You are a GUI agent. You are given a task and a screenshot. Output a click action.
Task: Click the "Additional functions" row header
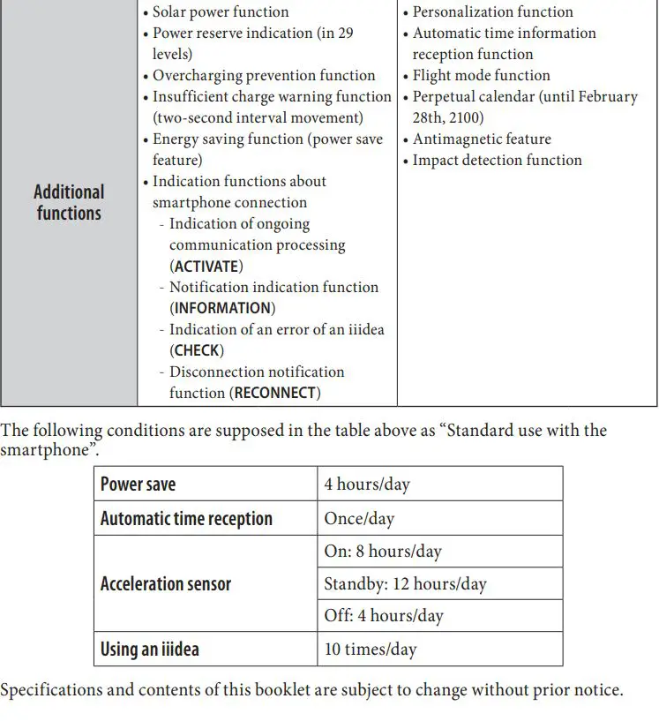69,202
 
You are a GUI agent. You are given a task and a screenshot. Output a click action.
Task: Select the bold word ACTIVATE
206,266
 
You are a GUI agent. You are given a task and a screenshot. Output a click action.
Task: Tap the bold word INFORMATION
222,308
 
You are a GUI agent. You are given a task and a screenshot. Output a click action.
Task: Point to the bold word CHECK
197,350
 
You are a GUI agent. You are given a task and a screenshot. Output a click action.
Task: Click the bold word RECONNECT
274,393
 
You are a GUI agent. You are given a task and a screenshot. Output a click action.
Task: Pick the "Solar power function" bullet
221,11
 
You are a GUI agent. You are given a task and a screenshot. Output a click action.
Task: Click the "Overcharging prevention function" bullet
264,75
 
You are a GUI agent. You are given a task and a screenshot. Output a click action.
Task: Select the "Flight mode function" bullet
481,75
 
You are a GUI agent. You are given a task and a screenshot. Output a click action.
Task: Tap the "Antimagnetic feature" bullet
482,139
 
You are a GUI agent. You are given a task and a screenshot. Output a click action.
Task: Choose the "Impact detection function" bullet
498,160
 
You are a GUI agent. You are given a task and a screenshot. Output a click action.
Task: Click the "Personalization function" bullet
492,11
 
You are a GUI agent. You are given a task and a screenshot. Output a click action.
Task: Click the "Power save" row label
139,484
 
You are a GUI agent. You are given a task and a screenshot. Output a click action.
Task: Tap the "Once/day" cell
359,519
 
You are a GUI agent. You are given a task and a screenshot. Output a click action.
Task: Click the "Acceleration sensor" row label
166,583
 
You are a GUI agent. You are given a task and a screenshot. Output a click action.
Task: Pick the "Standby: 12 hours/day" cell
405,583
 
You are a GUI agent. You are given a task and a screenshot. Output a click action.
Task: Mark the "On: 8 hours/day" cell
383,552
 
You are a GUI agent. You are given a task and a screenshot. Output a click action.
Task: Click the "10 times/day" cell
371,650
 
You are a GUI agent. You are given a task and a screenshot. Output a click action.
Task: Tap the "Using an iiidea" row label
150,650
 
